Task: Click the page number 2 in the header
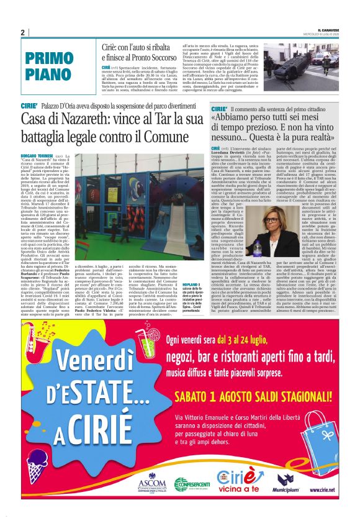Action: click(22, 32)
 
